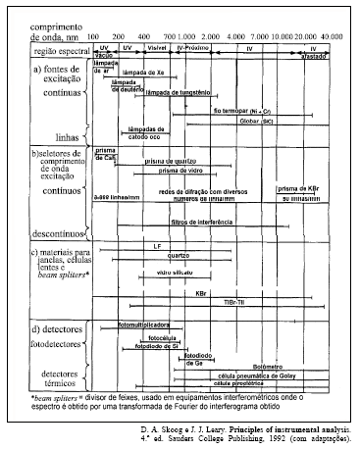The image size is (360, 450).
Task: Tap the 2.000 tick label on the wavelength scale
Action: pos(208,35)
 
